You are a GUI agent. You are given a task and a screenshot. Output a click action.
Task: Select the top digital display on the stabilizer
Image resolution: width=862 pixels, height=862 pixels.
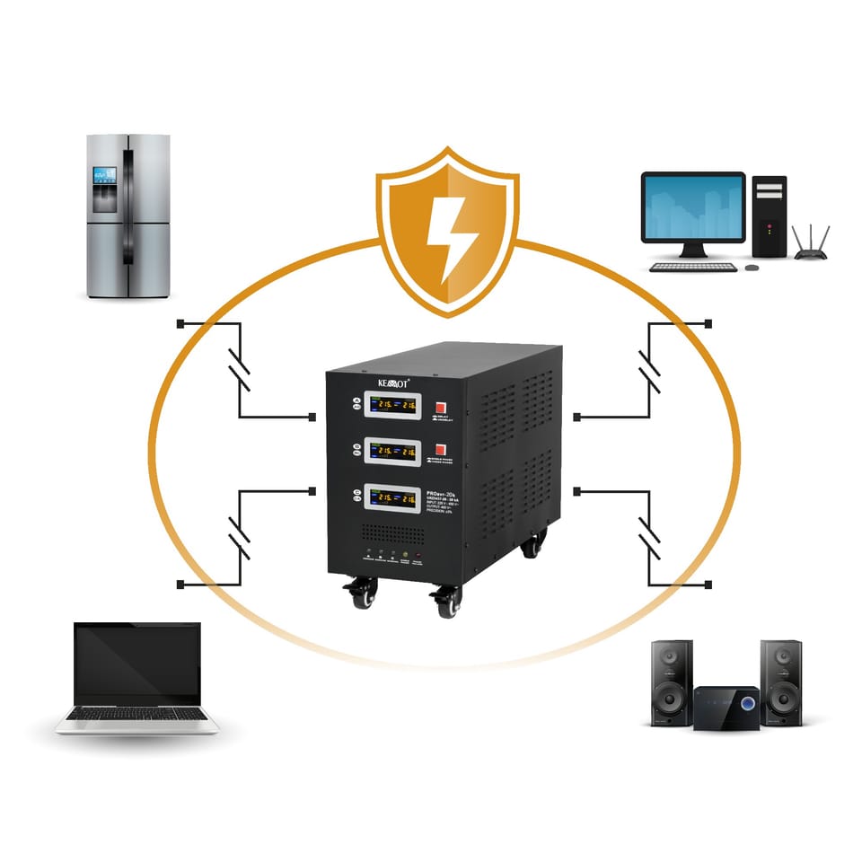coord(392,407)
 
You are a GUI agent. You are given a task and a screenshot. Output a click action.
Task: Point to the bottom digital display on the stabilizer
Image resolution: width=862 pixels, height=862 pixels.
coord(392,501)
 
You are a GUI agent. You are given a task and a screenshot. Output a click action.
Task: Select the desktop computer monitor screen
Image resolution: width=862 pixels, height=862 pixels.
coord(692,206)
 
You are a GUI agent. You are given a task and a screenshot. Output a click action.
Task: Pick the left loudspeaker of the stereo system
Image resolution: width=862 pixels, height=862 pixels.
coord(672,682)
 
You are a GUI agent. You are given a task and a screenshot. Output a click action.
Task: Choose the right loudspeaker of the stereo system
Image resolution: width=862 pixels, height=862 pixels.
coord(781,682)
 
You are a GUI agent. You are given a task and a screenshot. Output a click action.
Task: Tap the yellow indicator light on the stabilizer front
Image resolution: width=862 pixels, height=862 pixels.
coord(406,555)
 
